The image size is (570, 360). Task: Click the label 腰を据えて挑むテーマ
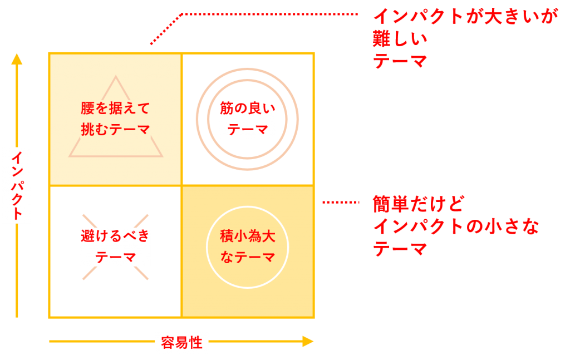tap(116, 119)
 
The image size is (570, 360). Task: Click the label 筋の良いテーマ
tap(248, 119)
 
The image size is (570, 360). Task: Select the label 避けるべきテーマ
tap(115, 246)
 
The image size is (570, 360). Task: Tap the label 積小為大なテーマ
tap(248, 246)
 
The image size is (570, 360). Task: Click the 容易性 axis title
tap(181, 343)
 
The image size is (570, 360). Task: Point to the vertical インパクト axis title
tap(17, 185)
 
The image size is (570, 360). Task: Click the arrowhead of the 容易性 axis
tap(308, 341)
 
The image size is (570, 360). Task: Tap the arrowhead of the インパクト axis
tap(17, 58)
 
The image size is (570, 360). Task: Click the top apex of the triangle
tap(116, 77)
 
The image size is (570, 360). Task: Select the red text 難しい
tap(400, 38)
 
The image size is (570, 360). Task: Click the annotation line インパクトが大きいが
tap(465, 16)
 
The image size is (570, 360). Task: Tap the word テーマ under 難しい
tap(400, 61)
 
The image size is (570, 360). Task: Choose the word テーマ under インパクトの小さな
tap(400, 249)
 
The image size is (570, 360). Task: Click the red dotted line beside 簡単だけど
tap(341, 203)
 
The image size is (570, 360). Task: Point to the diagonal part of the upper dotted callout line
tap(166, 29)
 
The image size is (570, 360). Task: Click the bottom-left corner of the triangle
tap(70, 156)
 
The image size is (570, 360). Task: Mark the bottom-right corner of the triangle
tap(162, 156)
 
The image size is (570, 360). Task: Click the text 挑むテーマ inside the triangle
tap(116, 129)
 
